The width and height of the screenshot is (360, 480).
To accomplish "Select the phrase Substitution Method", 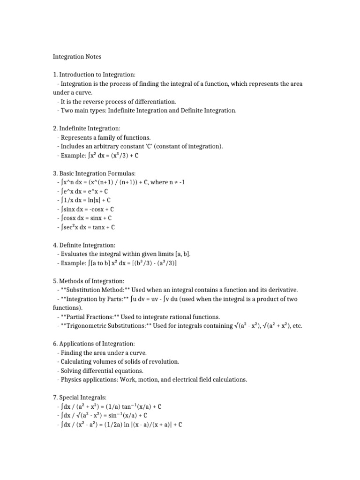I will tap(94, 290).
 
